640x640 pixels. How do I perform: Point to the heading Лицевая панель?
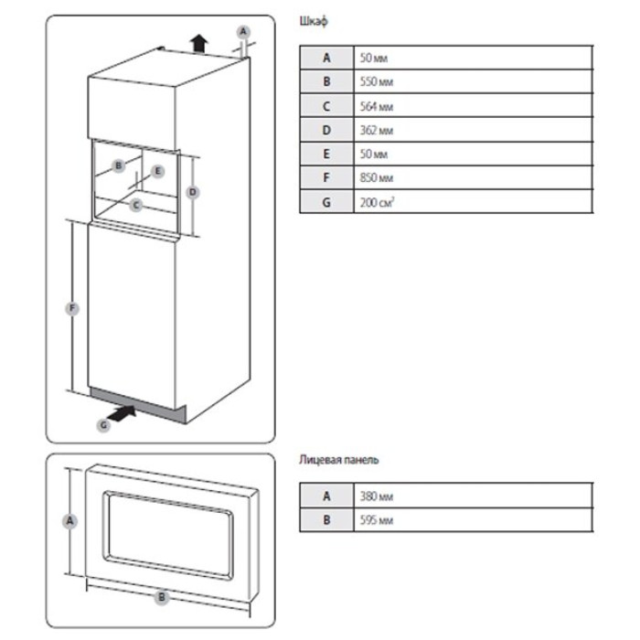[x=338, y=459]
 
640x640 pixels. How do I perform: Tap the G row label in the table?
[x=326, y=201]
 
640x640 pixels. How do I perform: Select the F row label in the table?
[x=326, y=177]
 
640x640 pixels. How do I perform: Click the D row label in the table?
[x=326, y=129]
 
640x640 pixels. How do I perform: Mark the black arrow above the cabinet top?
[x=195, y=41]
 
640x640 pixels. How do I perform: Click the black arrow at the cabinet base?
[x=126, y=414]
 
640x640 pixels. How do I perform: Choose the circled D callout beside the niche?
[x=192, y=192]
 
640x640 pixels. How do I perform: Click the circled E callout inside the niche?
[x=156, y=170]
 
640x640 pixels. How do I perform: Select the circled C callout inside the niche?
[x=135, y=205]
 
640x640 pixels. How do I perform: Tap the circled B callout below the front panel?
[x=162, y=597]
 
